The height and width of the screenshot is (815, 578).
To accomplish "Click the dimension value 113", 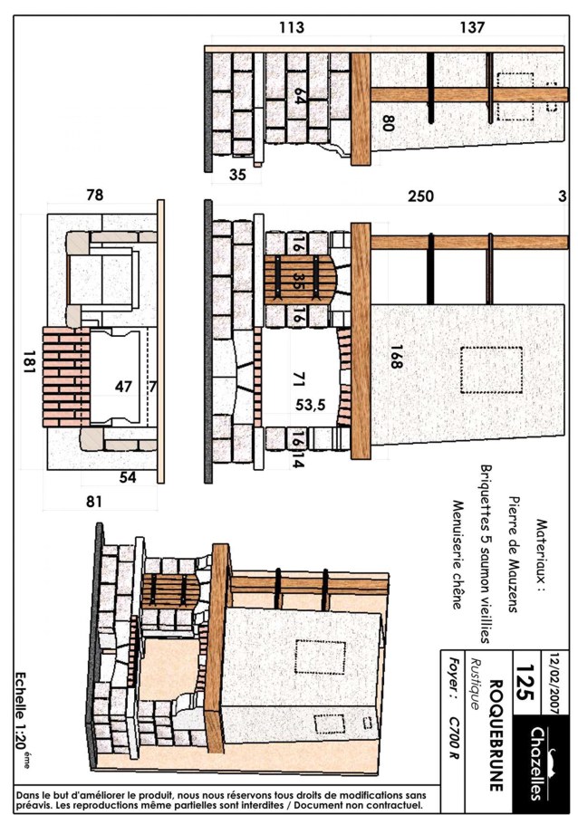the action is click(291, 27).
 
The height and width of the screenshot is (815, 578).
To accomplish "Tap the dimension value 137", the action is click(472, 27).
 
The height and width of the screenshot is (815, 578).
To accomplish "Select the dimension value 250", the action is click(420, 197).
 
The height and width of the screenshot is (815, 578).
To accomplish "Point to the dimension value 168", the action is click(396, 357).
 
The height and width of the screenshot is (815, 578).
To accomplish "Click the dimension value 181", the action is click(29, 361).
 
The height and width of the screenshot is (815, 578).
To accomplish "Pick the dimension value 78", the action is click(94, 195).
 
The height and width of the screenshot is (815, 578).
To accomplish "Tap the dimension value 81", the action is click(94, 502).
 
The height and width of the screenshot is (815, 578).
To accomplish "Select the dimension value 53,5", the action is click(311, 405).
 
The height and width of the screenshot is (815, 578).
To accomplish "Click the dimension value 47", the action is click(123, 386).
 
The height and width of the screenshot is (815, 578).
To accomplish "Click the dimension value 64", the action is click(299, 96).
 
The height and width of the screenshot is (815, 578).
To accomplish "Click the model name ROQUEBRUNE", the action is click(496, 734).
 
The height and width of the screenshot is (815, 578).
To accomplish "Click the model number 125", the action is click(525, 682).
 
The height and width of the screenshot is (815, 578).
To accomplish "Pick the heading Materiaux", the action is click(541, 556).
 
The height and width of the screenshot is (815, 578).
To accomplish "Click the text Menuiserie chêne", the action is click(457, 554).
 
